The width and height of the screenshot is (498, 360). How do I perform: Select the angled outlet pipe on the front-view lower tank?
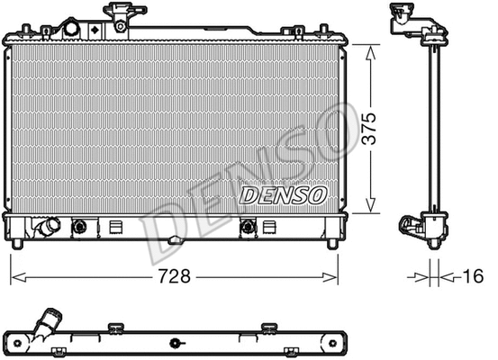46,228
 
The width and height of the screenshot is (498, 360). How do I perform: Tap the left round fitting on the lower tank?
79,228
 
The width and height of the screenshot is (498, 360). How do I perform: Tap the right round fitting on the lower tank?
248,228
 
